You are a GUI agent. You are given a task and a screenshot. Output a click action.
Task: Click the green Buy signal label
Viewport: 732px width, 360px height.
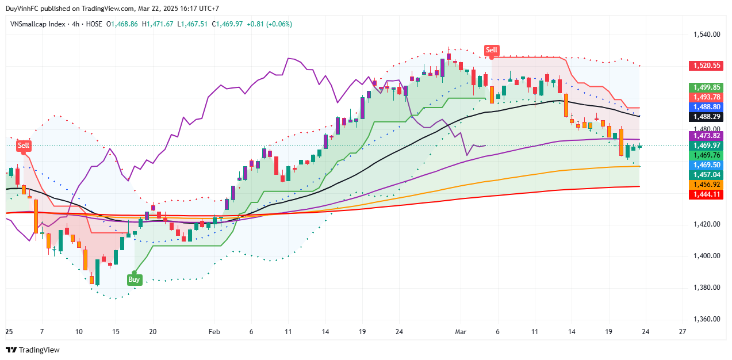pyautogui.click(x=134, y=279)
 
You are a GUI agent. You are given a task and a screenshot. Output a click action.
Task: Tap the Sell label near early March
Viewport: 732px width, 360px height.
pyautogui.click(x=491, y=50)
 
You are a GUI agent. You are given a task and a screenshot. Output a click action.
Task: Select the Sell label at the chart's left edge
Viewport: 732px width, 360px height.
pyautogui.click(x=23, y=145)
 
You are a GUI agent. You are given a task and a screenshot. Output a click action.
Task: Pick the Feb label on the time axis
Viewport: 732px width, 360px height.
pyautogui.click(x=214, y=332)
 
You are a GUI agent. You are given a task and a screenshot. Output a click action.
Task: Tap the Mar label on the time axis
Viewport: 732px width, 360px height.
pyautogui.click(x=461, y=332)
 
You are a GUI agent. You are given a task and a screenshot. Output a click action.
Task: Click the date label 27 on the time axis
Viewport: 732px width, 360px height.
pyautogui.click(x=682, y=332)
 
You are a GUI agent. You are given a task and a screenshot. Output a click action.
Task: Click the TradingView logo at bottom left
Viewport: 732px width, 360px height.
pyautogui.click(x=33, y=350)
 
